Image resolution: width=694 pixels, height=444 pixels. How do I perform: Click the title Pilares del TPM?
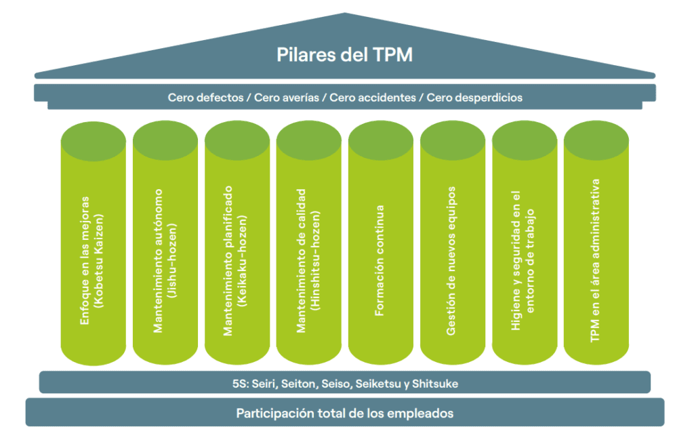[x=344, y=55]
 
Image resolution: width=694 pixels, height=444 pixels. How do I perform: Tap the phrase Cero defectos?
[x=205, y=98]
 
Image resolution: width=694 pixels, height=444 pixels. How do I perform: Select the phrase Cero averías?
[x=285, y=98]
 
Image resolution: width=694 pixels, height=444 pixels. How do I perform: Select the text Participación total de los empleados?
[x=344, y=413]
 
